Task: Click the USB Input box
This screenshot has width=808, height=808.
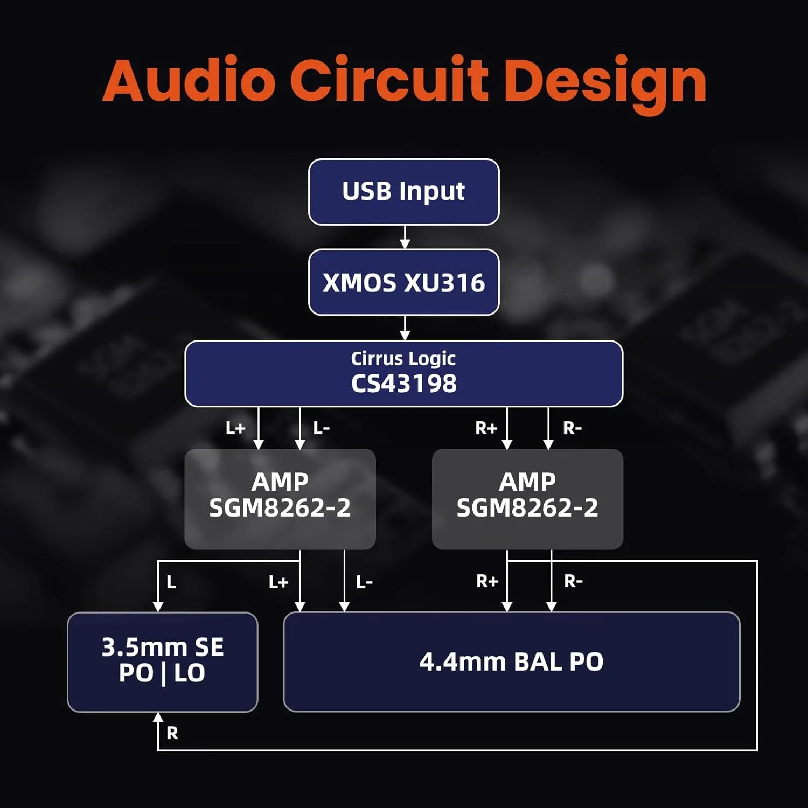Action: pos(403,192)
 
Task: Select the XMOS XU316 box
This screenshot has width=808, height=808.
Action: pos(403,282)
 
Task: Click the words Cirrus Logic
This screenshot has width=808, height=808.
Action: pos(403,358)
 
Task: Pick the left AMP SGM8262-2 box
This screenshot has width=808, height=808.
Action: pos(280,499)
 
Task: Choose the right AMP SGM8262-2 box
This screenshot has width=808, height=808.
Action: pos(527,499)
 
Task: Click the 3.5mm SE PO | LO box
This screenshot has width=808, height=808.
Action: pos(162,661)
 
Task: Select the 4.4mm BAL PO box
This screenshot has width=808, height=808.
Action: pos(511,661)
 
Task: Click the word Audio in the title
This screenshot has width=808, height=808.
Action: pos(189,81)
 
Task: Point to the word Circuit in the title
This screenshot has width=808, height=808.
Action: pos(389,81)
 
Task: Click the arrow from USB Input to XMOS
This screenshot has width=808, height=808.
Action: pos(405,238)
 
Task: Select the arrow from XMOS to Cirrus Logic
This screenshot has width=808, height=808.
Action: pos(405,328)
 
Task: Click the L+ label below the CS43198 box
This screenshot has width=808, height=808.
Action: pos(235,429)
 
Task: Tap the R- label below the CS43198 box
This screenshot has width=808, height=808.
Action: pos(572,429)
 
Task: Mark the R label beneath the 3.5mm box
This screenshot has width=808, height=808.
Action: pos(172,733)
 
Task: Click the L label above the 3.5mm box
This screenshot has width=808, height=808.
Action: pos(171,582)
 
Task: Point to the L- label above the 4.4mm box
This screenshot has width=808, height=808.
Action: pos(364,582)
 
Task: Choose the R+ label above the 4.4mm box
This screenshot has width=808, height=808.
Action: pos(487,581)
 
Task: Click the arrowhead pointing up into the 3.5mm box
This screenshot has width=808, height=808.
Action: pos(158,718)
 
